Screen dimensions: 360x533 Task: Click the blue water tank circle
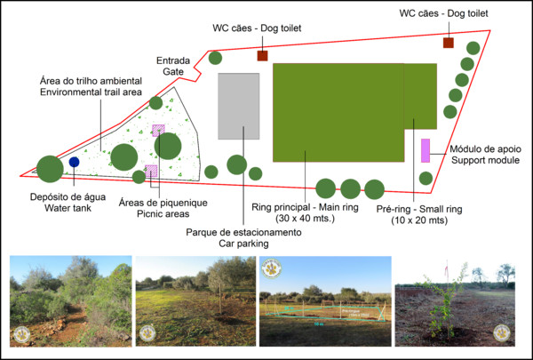(74, 163)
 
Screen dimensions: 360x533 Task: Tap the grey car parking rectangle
(239, 107)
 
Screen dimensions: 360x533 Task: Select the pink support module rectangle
(426, 150)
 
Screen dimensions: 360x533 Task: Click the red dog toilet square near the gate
(262, 56)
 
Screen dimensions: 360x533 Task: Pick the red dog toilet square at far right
(448, 43)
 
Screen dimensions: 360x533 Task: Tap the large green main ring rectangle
(338, 112)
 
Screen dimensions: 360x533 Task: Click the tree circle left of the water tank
(50, 167)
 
